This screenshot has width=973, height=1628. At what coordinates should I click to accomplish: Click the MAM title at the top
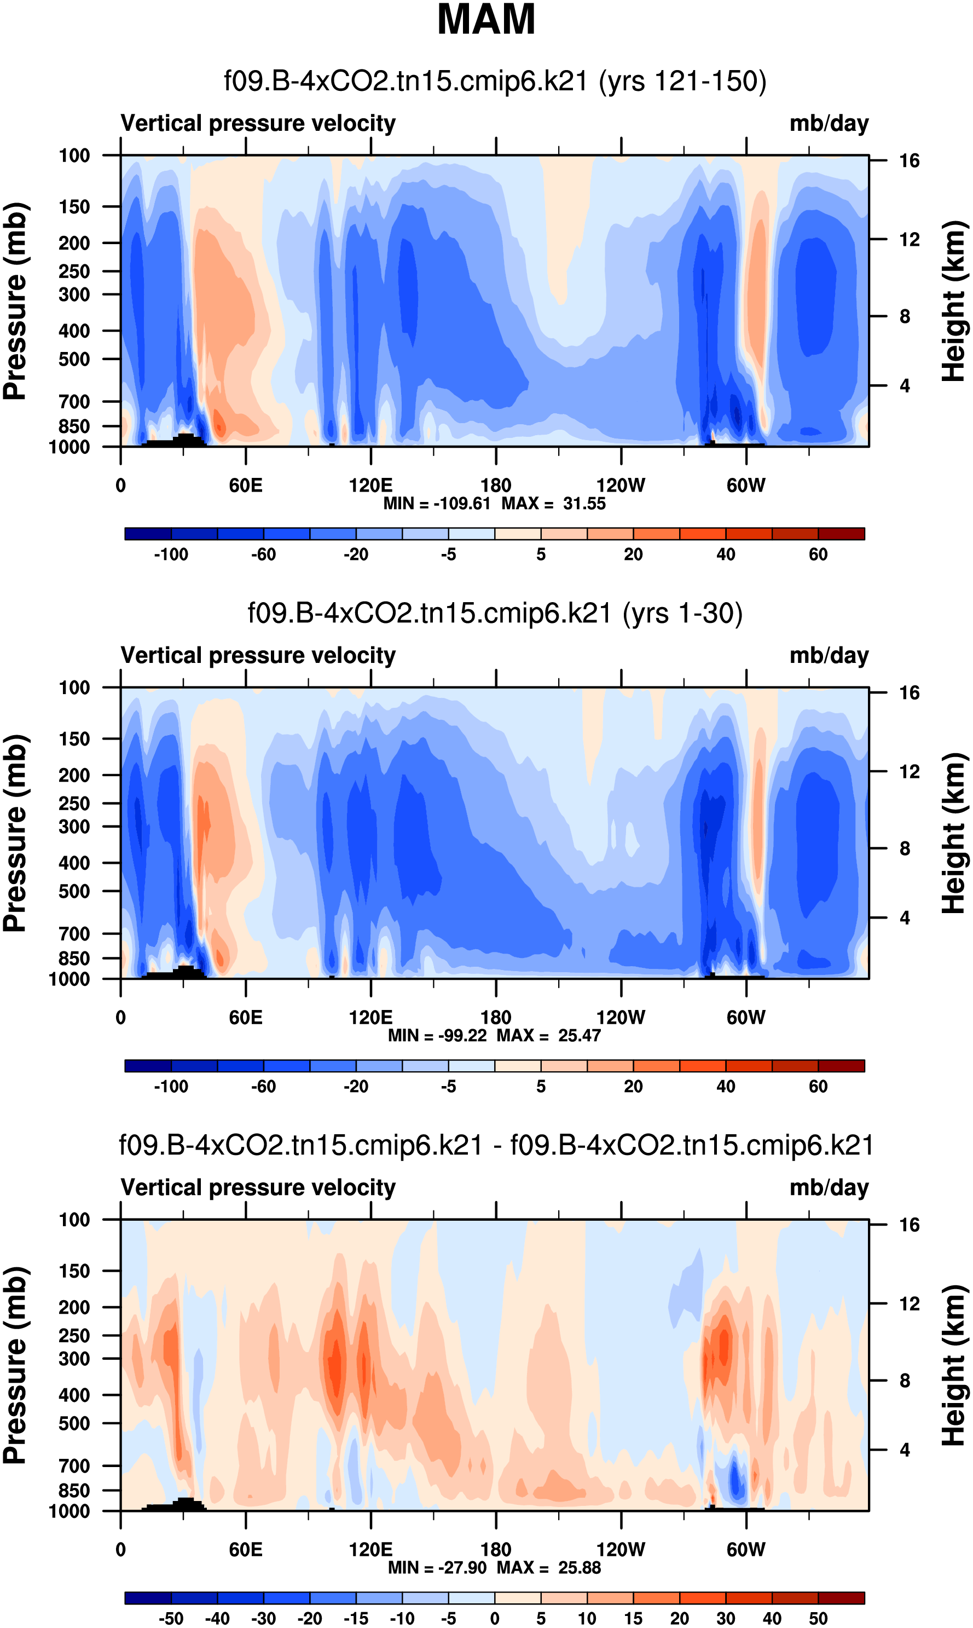[x=486, y=20]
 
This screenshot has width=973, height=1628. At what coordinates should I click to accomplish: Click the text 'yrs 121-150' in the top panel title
[x=682, y=82]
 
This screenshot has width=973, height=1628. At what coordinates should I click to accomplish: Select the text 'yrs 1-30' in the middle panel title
[x=682, y=614]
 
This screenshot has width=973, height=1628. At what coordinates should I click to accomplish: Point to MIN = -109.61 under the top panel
[x=437, y=504]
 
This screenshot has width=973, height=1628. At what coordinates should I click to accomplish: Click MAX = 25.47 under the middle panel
[x=549, y=1035]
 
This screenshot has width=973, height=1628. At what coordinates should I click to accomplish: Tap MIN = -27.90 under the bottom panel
[x=437, y=1568]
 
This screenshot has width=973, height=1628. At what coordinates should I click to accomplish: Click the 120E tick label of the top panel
[x=370, y=486]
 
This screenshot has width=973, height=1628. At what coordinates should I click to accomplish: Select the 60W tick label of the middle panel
[x=746, y=1018]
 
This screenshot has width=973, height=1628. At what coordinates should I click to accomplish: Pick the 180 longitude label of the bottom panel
[x=496, y=1550]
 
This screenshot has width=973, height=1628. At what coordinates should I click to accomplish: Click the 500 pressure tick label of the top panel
[x=74, y=359]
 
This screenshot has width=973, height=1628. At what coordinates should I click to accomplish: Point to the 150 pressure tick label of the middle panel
[x=74, y=739]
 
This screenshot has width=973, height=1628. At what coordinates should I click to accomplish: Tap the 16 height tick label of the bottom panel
[x=909, y=1225]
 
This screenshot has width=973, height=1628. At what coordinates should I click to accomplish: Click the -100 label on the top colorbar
[x=171, y=555]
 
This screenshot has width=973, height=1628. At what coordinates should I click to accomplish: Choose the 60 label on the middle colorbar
[x=818, y=1087]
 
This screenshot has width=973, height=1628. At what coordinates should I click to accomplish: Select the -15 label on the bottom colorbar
[x=356, y=1619]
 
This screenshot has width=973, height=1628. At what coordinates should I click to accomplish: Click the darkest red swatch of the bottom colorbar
[x=841, y=1598]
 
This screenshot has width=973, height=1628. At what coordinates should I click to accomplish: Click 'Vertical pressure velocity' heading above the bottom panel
[x=258, y=1187]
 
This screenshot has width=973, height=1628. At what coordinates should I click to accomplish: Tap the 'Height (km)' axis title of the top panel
[x=954, y=302]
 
